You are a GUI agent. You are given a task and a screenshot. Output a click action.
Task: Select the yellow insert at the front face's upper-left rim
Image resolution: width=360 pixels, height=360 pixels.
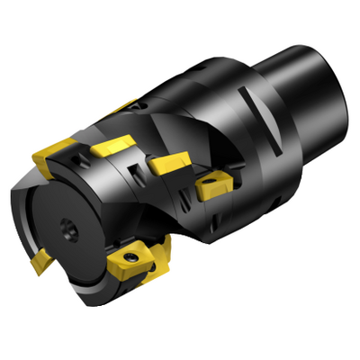coord(52,162)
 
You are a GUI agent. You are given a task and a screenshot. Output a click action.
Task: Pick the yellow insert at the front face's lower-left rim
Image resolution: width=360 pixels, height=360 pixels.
coord(40,262)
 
